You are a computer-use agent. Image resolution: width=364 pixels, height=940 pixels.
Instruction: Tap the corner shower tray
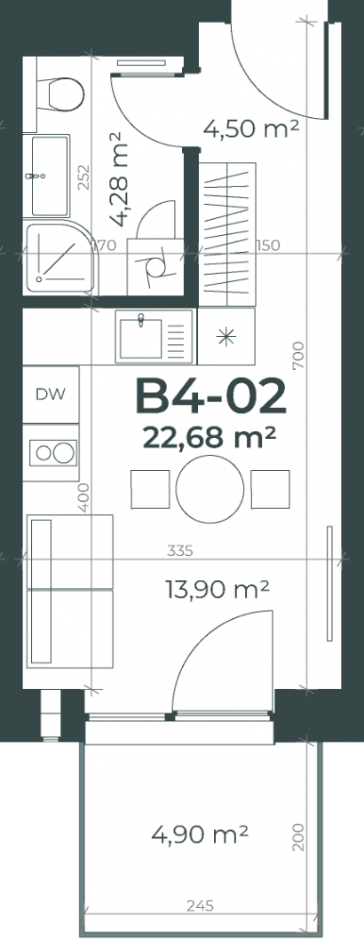click(60, 258)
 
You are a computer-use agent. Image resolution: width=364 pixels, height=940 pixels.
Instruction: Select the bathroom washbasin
click(50, 176)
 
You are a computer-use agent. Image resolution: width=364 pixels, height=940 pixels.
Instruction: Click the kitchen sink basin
click(140, 338)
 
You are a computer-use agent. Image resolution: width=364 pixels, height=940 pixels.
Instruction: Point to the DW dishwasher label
click(51, 395)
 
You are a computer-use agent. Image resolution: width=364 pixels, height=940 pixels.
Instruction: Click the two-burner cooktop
click(53, 452)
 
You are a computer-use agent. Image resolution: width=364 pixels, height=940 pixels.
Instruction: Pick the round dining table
click(210, 490)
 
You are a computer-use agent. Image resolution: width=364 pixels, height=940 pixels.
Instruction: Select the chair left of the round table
click(150, 490)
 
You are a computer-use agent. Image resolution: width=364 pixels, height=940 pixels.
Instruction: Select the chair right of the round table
click(270, 490)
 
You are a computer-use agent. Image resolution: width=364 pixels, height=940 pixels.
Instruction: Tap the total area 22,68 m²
click(209, 437)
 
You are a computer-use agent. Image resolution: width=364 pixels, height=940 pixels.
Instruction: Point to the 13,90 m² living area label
click(217, 590)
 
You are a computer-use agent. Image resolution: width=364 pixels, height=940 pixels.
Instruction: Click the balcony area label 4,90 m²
click(200, 834)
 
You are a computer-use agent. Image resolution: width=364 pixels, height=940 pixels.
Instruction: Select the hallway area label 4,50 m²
click(251, 128)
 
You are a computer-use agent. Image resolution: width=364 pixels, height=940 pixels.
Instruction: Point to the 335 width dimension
click(180, 551)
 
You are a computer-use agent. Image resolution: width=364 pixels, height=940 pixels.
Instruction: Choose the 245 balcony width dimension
click(200, 905)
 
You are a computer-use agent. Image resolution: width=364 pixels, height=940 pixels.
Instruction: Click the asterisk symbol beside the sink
click(226, 338)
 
